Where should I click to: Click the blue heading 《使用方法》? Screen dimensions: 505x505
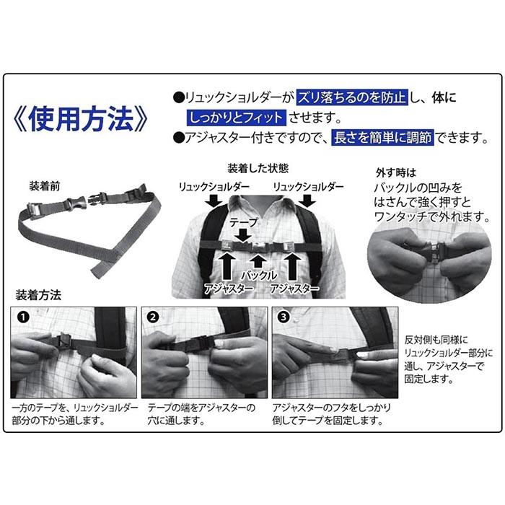pos(81,119)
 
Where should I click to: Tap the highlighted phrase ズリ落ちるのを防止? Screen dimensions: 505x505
pos(352,97)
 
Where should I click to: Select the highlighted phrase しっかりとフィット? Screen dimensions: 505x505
pos(236,118)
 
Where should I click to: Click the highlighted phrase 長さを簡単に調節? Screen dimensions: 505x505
pos(382,138)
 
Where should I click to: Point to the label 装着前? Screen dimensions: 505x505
pos(45,186)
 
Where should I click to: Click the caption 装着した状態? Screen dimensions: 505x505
pos(258,168)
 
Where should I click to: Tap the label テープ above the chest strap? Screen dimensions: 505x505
pos(244,222)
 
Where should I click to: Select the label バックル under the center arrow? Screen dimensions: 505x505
pos(259,275)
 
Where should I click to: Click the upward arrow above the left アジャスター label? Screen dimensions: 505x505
pos(227,266)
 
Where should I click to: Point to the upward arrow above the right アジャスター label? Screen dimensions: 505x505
pos(292,266)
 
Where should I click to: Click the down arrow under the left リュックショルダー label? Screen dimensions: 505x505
pos(214,201)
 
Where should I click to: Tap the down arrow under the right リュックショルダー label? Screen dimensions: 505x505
pos(307,201)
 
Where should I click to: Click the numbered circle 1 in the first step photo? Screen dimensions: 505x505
pos(23,317)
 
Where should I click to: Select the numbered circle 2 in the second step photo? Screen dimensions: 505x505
pos(153,317)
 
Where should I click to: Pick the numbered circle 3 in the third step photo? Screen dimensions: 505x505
pos(284,317)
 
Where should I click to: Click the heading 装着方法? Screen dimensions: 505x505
pos(38,294)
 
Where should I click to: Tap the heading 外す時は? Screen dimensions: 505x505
pos(396,173)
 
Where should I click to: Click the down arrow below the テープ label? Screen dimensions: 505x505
pos(244,235)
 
